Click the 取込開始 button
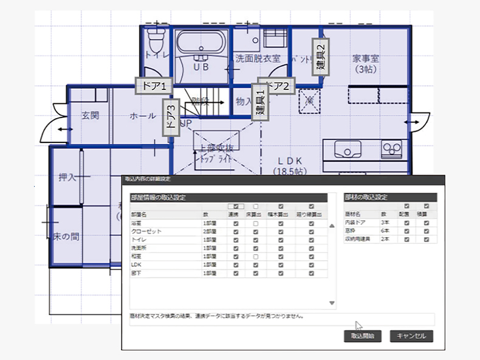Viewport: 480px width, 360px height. tap(363, 336)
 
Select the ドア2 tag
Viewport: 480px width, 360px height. tap(276, 86)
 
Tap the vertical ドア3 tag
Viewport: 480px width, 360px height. tap(169, 117)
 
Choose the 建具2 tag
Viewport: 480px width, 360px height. tap(321, 55)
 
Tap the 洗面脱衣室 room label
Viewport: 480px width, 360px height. tap(258, 59)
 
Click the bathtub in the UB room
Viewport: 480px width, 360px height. tap(202, 43)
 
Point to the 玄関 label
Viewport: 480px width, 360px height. tap(90, 116)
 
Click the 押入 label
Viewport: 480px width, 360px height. tap(67, 178)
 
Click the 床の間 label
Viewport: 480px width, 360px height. tap(66, 236)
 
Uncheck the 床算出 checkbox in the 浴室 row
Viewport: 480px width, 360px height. tap(256, 223)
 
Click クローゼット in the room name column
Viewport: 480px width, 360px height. tap(144, 232)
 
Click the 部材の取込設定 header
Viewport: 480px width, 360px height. tap(366, 198)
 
